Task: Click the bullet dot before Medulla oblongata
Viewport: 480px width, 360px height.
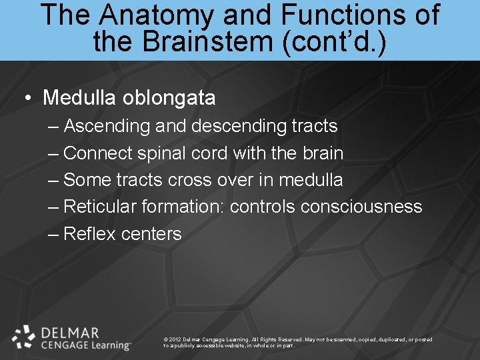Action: tap(28, 99)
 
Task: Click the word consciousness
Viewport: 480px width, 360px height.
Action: tap(361, 207)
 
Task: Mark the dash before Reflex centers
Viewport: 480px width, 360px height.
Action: tap(53, 234)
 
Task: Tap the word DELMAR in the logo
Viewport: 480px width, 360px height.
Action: tap(71, 332)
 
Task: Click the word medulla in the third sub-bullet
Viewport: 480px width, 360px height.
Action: tap(311, 180)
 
